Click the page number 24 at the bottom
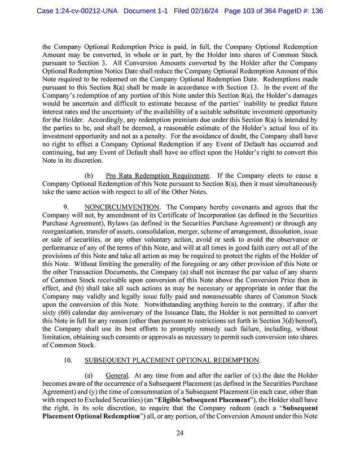(x=180, y=433)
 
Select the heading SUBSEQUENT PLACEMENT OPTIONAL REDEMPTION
(x=172, y=360)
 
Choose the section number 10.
(x=68, y=360)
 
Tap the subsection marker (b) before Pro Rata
(x=89, y=176)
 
